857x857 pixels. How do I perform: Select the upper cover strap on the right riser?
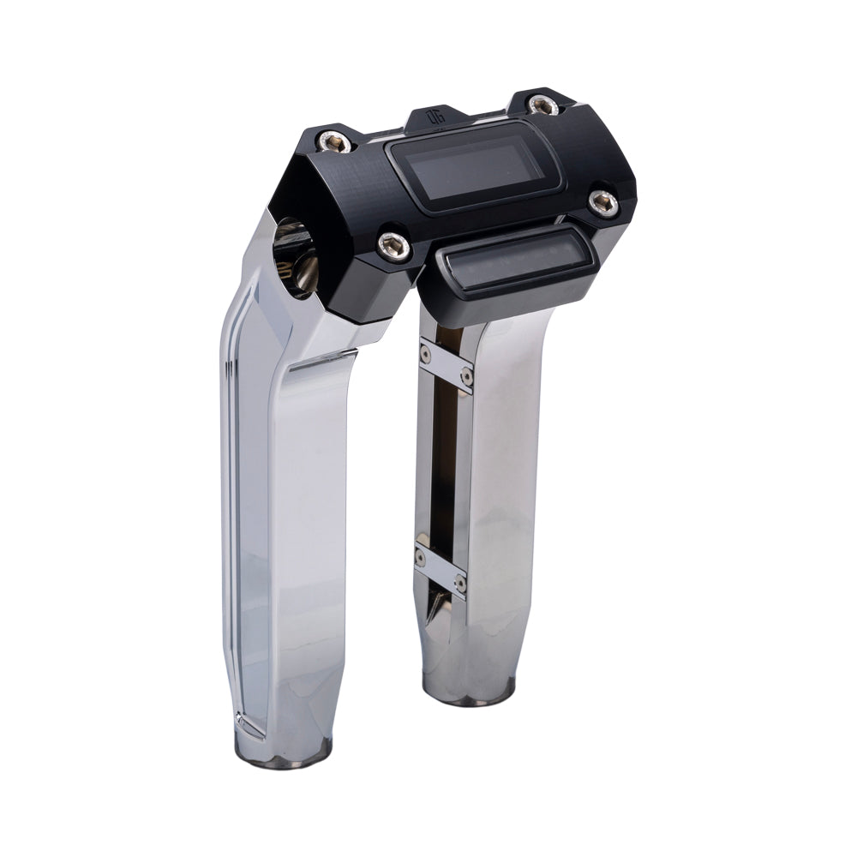(446, 364)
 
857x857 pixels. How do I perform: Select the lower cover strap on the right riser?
(439, 569)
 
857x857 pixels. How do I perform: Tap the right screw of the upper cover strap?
(466, 375)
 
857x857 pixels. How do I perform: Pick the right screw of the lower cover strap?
(460, 582)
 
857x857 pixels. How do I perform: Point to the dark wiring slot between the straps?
(439, 463)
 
